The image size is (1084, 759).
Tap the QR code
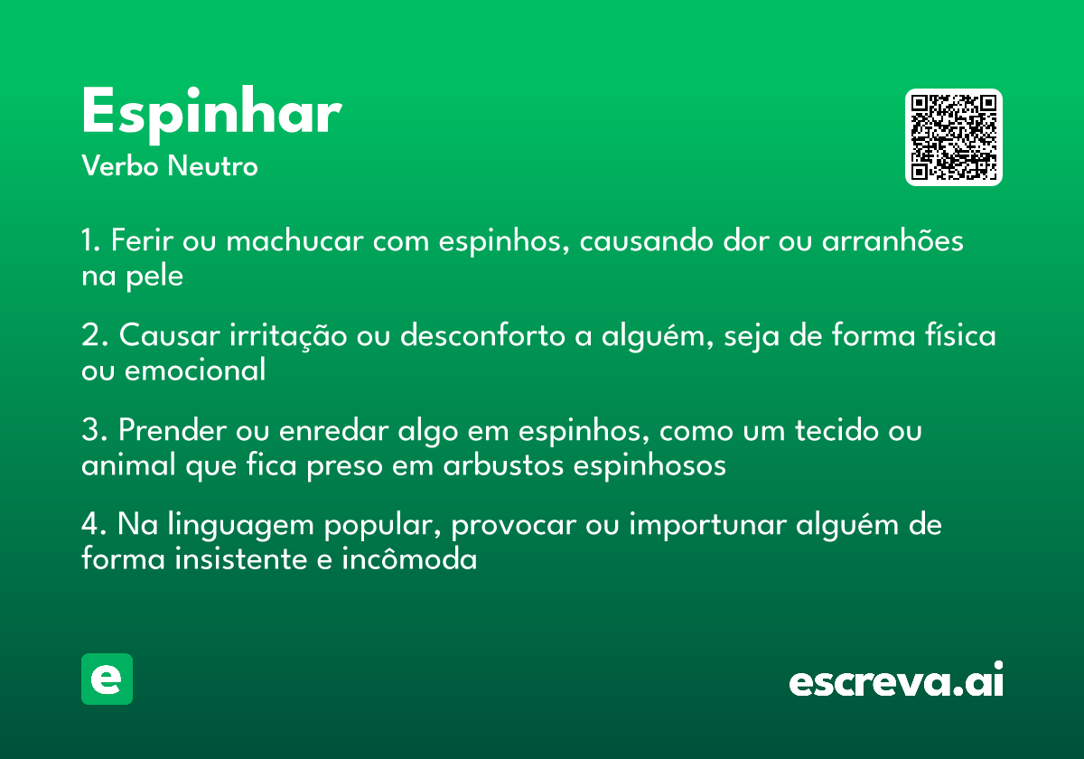954,137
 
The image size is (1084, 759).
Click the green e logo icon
107,679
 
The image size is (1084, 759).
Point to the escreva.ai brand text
896,681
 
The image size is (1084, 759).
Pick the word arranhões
892,242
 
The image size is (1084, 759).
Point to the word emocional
195,370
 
